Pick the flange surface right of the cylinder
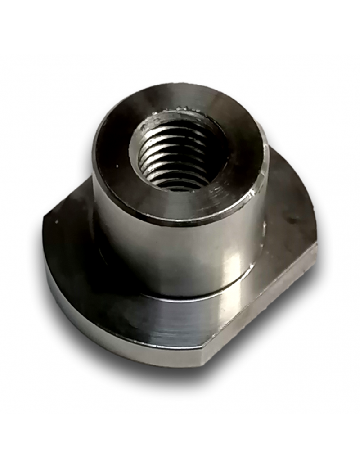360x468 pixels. [x=288, y=202]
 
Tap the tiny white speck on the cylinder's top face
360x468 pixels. [x=118, y=167]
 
